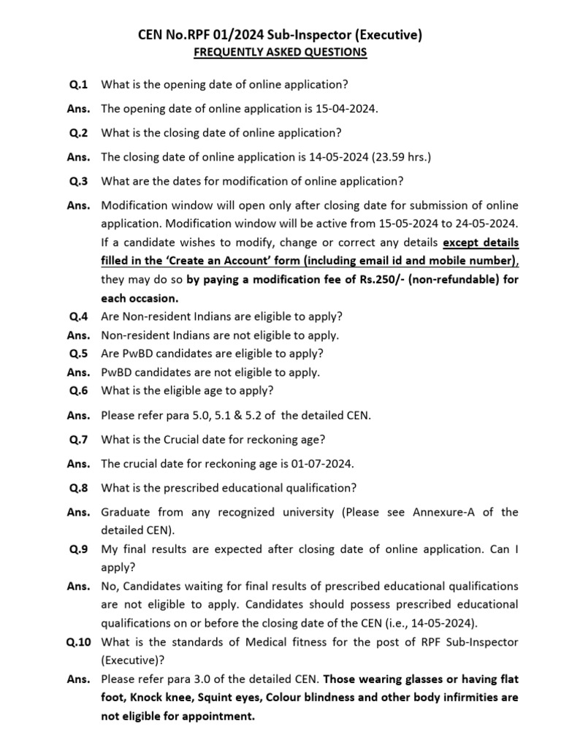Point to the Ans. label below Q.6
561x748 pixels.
click(x=78, y=416)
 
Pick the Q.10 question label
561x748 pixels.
click(x=78, y=642)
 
